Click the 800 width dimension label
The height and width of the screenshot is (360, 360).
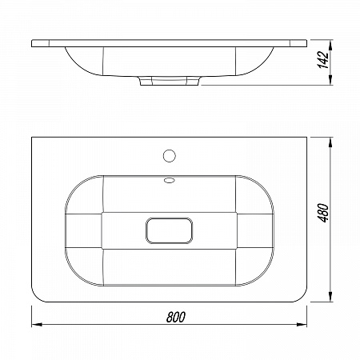click(175, 317)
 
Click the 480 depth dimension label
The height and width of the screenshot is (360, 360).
click(323, 213)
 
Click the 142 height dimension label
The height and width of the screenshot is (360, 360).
click(323, 59)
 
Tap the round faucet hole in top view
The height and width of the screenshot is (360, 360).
click(170, 156)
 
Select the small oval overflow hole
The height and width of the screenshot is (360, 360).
click(170, 181)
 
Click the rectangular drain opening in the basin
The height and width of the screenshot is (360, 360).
click(170, 230)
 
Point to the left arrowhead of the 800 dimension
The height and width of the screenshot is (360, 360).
click(37, 324)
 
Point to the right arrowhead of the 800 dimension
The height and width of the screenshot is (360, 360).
click(302, 324)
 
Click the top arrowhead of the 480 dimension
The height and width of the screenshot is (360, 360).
click(330, 142)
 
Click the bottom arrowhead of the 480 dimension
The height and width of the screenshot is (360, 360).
click(330, 297)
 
